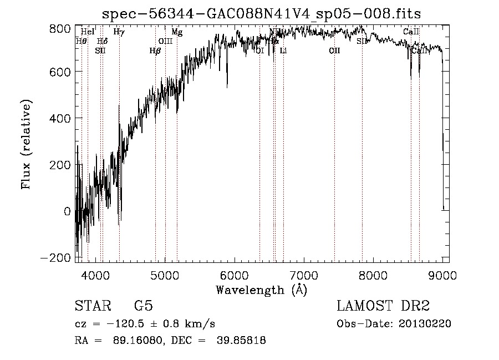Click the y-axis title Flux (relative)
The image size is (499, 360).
[27, 144]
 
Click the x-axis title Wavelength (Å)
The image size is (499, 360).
[261, 290]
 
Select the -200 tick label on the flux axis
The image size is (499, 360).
[55, 258]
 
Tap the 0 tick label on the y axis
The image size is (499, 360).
[67, 211]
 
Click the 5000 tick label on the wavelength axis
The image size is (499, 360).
[165, 275]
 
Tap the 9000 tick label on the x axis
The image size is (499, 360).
[442, 275]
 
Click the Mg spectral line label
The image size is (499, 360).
[177, 32]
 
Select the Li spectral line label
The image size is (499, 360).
[283, 51]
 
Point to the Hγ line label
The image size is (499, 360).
[119, 32]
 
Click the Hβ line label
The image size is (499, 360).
[155, 51]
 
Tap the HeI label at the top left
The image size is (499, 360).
[88, 32]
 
